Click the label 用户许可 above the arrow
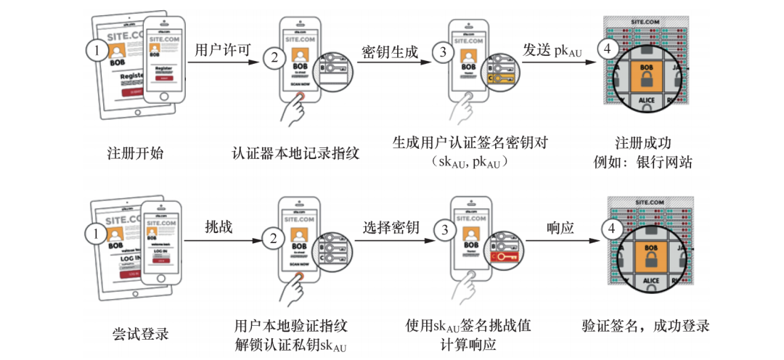coord(223,50)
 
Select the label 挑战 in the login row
coord(219,227)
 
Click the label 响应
coord(560,227)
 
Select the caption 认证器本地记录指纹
coord(295,153)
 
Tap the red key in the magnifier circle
coord(502,257)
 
